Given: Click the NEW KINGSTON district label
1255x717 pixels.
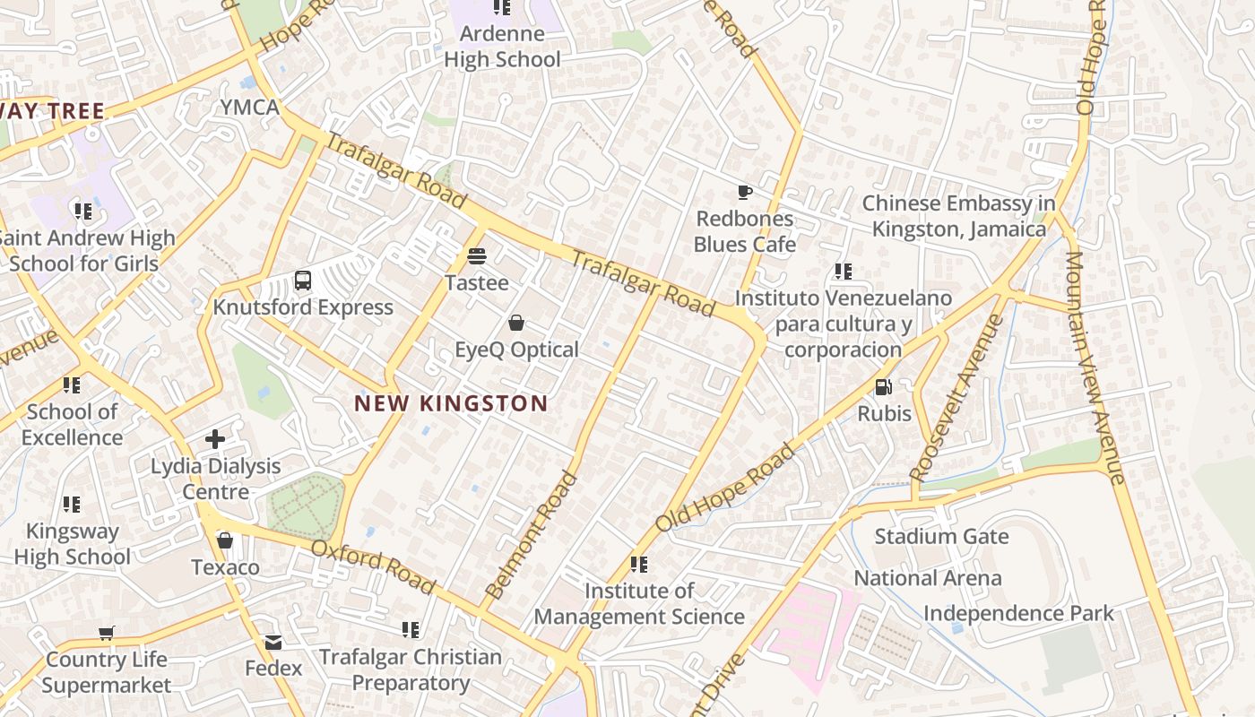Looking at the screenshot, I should click(x=450, y=403).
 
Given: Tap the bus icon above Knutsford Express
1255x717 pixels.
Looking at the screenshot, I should click(x=303, y=281).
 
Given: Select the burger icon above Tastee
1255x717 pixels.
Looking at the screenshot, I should click(x=477, y=256).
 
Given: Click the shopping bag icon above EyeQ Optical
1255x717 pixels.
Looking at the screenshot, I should click(x=516, y=323).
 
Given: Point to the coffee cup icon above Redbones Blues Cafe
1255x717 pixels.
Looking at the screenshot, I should click(x=744, y=192).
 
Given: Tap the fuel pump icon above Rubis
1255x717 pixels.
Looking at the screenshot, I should click(x=884, y=387).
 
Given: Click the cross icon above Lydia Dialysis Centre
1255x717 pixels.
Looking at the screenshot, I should click(x=215, y=439).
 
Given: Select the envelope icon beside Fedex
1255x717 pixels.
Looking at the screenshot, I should click(x=273, y=643).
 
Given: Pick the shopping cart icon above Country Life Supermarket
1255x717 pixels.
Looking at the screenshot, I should click(x=107, y=633).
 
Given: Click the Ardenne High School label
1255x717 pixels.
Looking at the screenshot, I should click(x=502, y=47).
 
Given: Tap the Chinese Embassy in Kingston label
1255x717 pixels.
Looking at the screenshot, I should click(x=959, y=216).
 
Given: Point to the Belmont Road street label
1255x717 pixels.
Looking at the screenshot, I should click(x=532, y=535).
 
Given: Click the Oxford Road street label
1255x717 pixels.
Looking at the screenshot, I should click(x=373, y=567).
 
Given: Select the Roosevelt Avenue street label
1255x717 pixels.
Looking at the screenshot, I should click(x=956, y=397).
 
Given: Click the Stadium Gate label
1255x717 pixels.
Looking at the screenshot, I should click(x=941, y=537).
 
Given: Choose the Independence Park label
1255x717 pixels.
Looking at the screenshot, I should click(x=1018, y=613).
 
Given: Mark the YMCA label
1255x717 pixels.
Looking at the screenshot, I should click(x=250, y=108).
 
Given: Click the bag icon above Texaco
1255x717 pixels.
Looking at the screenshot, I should click(x=225, y=540).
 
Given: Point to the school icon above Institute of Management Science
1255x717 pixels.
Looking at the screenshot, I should click(x=639, y=565).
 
